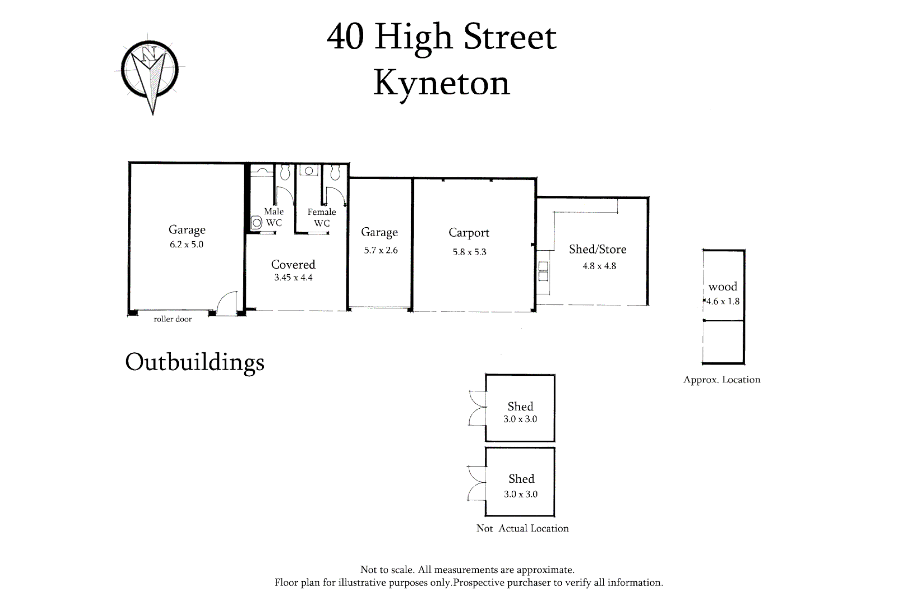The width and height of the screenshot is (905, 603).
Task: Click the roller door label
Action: point(173,319)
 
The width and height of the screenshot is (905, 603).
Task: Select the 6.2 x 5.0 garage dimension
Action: point(186,245)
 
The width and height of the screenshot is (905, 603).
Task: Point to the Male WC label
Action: point(274,217)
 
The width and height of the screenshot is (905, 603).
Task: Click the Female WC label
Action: point(322,217)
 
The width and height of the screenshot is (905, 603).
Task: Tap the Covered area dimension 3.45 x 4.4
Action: point(293,277)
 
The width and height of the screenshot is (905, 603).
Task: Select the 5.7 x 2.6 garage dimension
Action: point(380,250)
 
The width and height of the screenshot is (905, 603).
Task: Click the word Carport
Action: point(469,233)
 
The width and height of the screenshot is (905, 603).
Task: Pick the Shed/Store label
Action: point(598,249)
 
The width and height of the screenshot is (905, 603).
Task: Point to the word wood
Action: point(723,287)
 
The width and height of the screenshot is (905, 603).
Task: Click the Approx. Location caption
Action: point(722,380)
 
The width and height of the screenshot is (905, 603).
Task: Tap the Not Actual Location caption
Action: point(522,528)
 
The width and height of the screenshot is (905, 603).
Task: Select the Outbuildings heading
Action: point(195,362)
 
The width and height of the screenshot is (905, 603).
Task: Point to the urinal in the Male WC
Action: point(256,223)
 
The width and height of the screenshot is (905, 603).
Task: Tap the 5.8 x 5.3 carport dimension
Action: point(469,252)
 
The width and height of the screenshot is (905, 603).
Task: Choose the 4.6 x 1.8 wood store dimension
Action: point(723,301)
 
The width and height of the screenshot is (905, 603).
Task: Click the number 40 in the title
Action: point(345,37)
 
